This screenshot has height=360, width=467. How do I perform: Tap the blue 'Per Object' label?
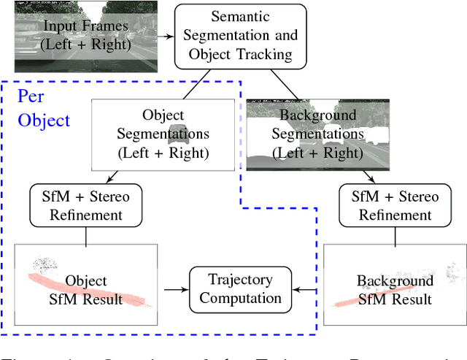coord(43,108)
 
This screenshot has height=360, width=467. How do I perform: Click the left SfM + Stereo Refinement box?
coord(86,205)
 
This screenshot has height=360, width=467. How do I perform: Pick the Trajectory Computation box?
coord(240,288)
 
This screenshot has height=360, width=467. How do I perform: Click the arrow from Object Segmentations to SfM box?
coord(109,178)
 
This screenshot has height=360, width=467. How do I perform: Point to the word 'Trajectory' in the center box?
coord(240,279)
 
